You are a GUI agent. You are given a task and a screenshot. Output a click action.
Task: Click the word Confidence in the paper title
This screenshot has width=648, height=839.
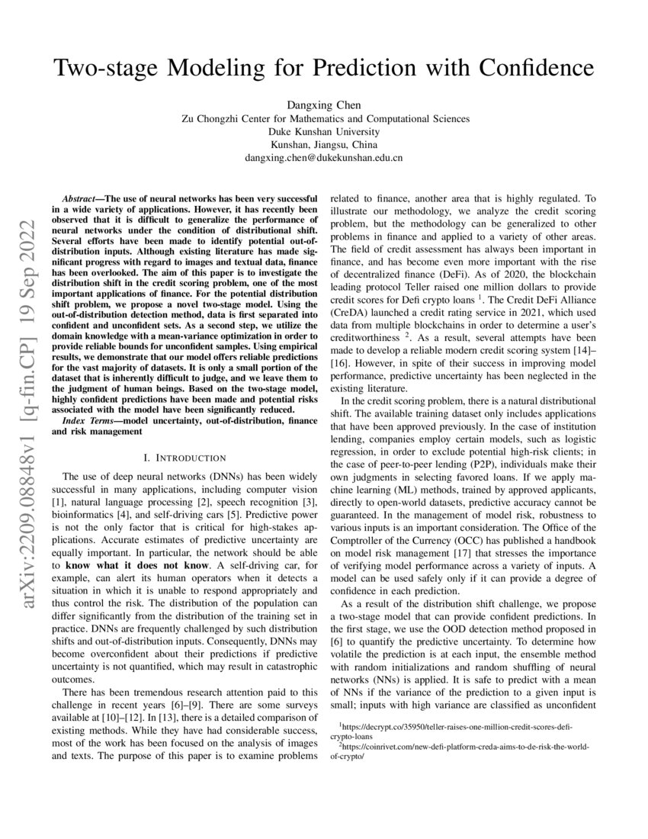[x=531, y=68]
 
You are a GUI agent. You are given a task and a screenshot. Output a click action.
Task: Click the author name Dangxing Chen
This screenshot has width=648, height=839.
[x=324, y=104]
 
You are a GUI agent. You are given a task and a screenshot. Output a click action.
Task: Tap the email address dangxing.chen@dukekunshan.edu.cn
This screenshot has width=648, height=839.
[x=324, y=158]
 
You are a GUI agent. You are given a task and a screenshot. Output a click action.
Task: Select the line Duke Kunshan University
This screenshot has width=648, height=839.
[x=324, y=131]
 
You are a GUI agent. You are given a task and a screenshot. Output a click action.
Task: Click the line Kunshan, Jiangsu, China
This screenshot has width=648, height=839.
[x=324, y=145]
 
